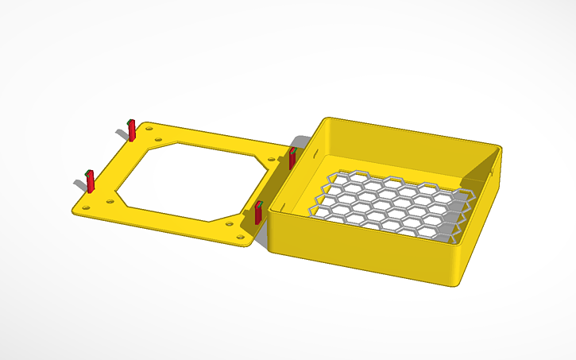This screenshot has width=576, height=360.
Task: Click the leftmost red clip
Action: pos(90,181)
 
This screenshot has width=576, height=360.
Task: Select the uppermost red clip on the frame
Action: pos(133,130)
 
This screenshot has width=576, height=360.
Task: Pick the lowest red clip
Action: pos(258,213)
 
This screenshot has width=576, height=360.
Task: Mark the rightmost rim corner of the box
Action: pos(501,149)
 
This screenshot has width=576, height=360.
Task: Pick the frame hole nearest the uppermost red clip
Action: pos(148,127)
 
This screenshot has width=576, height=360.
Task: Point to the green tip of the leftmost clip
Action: pos(88,172)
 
